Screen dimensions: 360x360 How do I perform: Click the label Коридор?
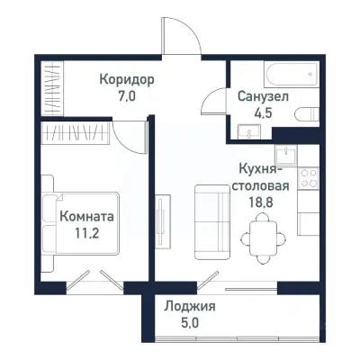[127, 79]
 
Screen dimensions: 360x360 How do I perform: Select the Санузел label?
[263, 96]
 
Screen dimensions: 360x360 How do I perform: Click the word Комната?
[86, 217]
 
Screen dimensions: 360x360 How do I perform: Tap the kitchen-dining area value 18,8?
[263, 202]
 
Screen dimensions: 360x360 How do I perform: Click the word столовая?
[262, 185]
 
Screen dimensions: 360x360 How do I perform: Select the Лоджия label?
[190, 306]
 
